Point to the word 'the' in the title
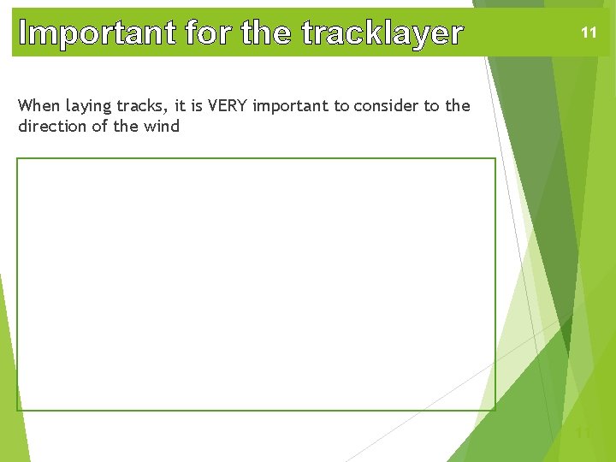pos(266,33)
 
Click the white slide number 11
pos(589,33)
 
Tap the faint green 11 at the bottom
pos(583,433)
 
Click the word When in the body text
pos(39,106)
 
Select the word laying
pos(89,107)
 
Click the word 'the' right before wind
pos(124,127)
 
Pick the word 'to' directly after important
pos(341,106)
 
